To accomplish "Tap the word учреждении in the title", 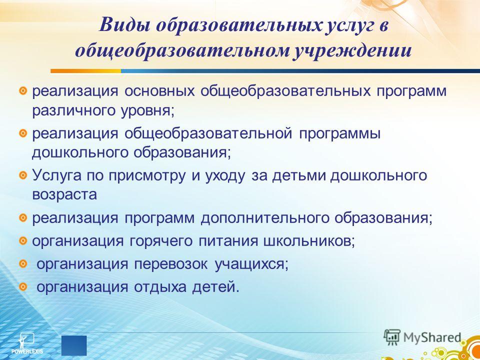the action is (x=352, y=51).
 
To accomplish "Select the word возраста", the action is (x=64, y=195).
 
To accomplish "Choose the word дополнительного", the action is (x=265, y=218).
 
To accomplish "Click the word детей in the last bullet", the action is (x=215, y=288).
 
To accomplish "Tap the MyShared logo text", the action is (x=432, y=337).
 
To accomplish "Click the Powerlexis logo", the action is (x=27, y=343).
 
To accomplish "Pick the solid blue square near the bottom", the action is (x=74, y=345).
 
